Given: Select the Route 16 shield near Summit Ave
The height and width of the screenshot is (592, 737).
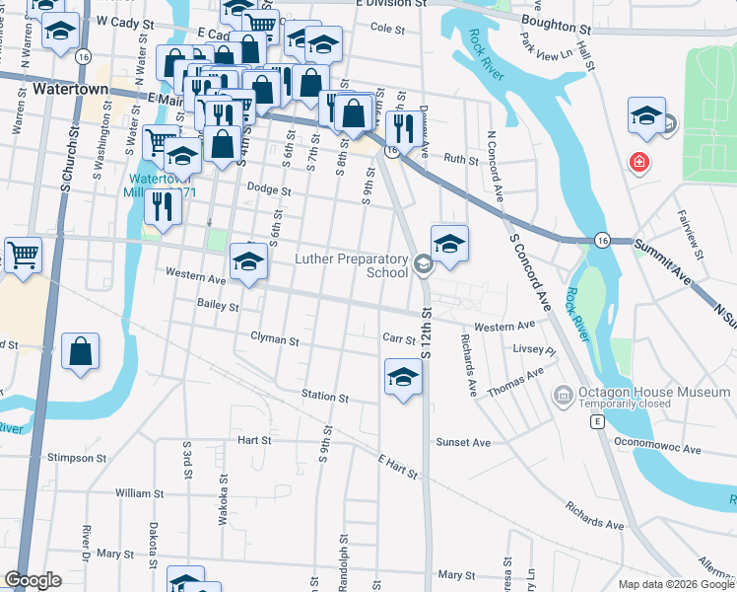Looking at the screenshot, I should [600, 240].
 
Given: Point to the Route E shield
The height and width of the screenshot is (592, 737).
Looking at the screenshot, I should [596, 421].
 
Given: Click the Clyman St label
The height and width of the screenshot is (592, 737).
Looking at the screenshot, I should [274, 339].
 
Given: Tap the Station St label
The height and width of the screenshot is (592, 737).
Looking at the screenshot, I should [325, 397].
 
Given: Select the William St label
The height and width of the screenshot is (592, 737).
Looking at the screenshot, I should [138, 492].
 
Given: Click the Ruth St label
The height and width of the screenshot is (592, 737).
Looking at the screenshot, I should [459, 159].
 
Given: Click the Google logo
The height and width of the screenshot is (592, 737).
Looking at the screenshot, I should [33, 580].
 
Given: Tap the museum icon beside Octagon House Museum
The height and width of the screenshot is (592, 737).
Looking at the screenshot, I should [564, 395].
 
